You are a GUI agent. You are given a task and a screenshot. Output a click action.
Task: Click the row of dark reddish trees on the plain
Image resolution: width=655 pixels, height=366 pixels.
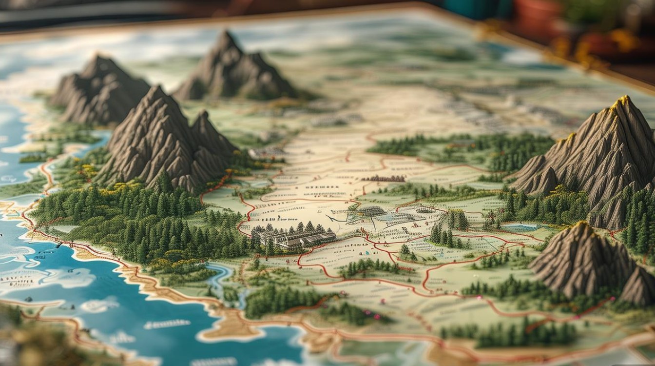click(x=383, y=179)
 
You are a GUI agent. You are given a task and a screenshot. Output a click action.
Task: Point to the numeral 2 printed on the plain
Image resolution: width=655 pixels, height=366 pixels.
click(x=279, y=218)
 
